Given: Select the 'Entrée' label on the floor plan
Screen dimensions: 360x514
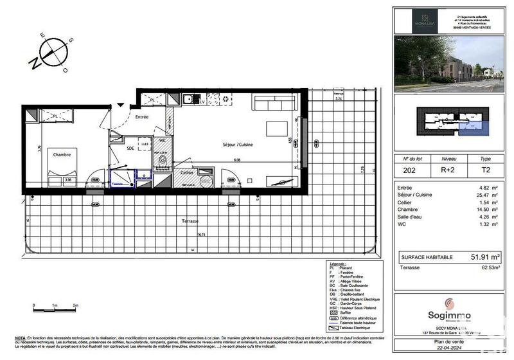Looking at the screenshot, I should click(141, 117).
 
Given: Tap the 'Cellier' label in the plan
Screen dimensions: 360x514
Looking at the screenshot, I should click(188, 173).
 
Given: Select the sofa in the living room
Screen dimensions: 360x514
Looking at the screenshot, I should click(274, 103).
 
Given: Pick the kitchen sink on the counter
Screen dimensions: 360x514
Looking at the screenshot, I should click(188, 100).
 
